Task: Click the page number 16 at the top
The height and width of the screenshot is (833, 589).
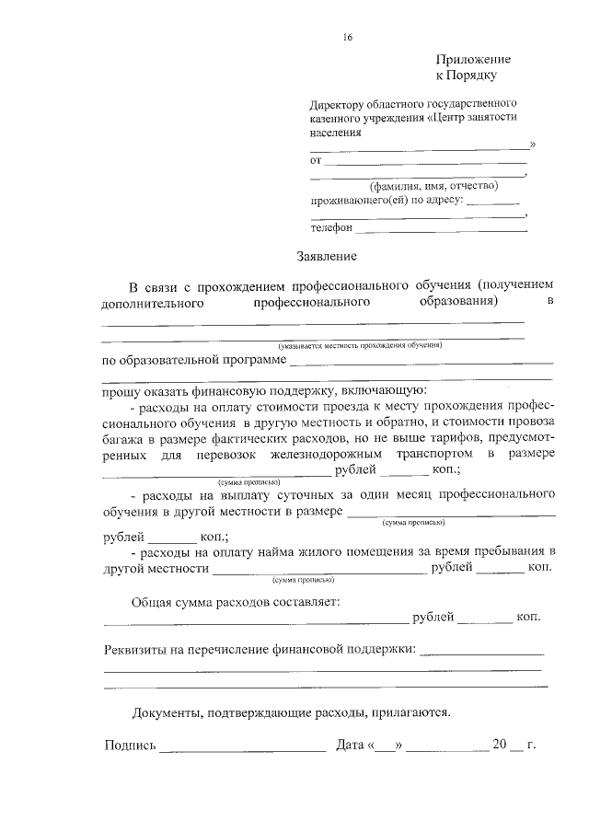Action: [347, 38]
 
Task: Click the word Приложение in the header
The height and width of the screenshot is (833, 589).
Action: [473, 59]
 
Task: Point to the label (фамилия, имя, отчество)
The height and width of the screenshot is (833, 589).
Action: [419, 185]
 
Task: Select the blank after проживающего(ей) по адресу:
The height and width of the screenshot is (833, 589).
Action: [493, 200]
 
